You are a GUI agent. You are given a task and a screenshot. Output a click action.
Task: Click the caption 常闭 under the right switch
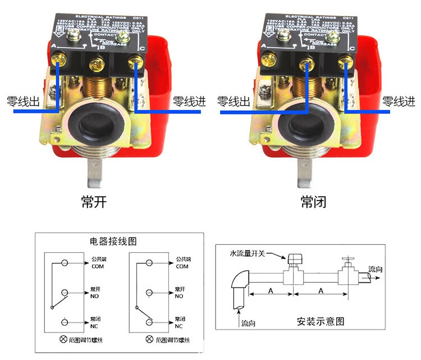[313, 202]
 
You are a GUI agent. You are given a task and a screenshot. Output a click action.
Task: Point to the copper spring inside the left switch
[97, 89]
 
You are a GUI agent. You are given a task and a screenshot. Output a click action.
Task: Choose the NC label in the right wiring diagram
[179, 326]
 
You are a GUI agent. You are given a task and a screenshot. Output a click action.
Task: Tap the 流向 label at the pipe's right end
[376, 270]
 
